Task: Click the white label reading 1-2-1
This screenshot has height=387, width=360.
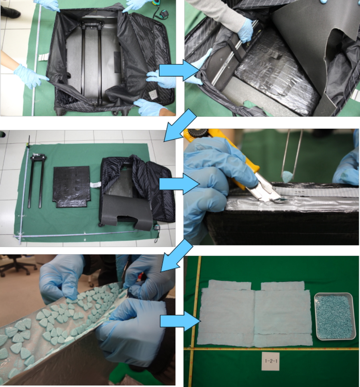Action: [271, 361]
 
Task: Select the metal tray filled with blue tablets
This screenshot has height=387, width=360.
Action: [335, 316]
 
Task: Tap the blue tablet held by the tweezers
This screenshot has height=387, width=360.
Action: [287, 176]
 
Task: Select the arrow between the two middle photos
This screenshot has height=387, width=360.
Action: [179, 184]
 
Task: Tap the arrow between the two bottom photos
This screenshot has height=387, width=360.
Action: [179, 321]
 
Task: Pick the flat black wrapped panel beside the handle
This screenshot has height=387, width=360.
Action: [72, 187]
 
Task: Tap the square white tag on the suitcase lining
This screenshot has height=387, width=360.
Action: [153, 94]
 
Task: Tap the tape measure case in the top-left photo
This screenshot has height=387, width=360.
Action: [163, 14]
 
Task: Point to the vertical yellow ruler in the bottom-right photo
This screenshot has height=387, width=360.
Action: [194, 321]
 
